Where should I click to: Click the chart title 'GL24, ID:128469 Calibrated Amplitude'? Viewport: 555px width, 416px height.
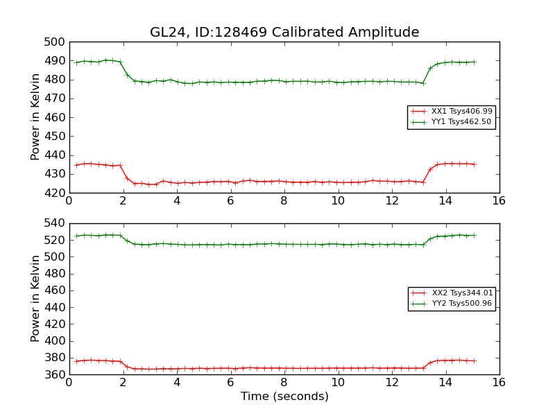(284, 33)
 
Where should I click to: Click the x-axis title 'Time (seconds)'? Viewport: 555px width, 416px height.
(284, 397)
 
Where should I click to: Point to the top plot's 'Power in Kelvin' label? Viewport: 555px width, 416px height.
(35, 117)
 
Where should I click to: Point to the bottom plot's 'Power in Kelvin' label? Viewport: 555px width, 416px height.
(35, 299)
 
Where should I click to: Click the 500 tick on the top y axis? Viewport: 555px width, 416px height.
(55, 42)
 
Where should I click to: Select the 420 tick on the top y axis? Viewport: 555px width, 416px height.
(55, 193)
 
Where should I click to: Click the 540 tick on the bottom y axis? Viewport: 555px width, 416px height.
(55, 223)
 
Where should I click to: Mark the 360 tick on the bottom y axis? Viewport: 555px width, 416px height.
(55, 374)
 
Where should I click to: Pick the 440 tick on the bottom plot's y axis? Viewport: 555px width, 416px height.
(55, 307)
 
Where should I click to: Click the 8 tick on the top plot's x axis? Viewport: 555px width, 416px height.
(284, 202)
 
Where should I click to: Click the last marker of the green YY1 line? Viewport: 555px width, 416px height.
(475, 62)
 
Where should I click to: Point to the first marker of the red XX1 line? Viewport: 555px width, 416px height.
(76, 165)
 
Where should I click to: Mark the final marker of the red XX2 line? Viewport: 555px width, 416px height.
(475, 361)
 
